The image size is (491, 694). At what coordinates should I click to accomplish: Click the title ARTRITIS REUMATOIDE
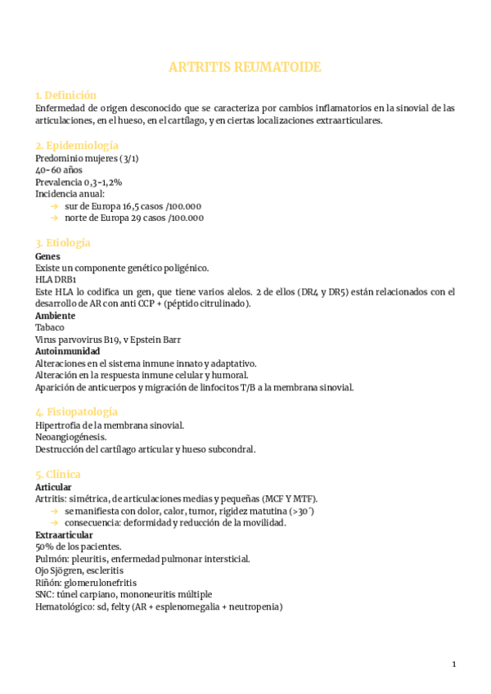pos(245,67)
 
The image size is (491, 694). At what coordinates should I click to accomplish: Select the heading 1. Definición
pos(65,95)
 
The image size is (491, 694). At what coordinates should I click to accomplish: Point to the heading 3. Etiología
pos(63,243)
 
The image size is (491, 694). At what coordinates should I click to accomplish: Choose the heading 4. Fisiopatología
pos(77,412)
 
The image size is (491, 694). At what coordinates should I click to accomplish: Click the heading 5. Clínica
pos(58,474)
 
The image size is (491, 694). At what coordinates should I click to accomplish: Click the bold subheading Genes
pos(47,256)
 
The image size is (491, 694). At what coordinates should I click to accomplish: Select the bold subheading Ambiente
pos(55,315)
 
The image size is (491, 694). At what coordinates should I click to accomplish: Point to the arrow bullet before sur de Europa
pos(54,206)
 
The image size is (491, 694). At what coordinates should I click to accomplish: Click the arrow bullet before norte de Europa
pos(54,219)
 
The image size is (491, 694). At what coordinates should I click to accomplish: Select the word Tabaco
pos(50,327)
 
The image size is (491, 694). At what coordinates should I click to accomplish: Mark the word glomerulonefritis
pos(103,582)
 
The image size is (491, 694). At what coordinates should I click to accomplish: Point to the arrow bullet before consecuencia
pos(54,523)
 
